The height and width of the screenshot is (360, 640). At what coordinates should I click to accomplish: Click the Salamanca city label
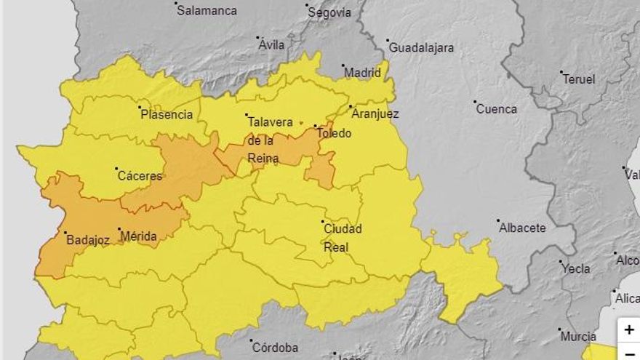pos(207,10)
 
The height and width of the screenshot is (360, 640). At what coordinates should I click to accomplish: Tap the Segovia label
pos(329,12)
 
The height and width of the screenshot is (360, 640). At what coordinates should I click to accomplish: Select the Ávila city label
pos(272,45)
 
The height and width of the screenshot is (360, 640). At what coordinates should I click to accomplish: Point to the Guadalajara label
pos(421,47)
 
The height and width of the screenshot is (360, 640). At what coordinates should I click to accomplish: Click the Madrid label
pos(362,73)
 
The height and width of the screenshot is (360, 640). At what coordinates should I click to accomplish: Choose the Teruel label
pos(578,79)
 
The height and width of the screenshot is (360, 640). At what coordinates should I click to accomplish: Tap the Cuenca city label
pos(497,109)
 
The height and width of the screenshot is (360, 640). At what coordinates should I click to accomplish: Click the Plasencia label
pos(167,114)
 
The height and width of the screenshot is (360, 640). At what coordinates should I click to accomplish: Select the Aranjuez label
pos(375,113)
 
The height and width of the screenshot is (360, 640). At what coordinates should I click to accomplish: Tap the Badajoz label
pos(87,239)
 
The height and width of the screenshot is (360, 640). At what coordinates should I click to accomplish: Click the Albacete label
pos(522,228)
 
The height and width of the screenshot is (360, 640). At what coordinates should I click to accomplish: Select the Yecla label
pos(576,268)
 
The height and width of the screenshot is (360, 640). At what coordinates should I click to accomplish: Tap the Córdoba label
pos(274,347)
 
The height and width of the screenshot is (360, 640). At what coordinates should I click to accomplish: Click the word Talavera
pos(270,121)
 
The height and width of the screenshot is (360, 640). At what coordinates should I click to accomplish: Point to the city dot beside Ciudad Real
pos(322,222)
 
